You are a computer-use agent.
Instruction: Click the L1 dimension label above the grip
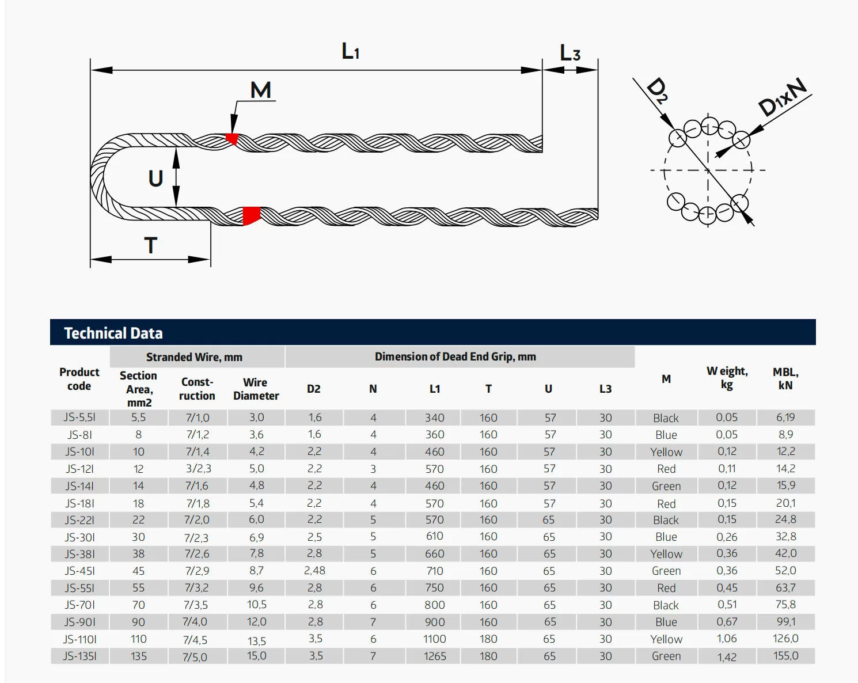351,51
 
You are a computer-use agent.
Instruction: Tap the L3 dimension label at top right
570,52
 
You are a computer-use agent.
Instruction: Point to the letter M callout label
261,90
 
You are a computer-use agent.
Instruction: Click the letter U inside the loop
156,178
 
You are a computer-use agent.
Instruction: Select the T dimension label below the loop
151,245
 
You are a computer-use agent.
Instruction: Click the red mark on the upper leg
233,139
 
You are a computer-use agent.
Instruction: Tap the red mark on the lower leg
251,216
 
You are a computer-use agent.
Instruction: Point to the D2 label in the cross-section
656,90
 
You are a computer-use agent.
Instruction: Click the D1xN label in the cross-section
782,97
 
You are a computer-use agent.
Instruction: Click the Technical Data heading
113,333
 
